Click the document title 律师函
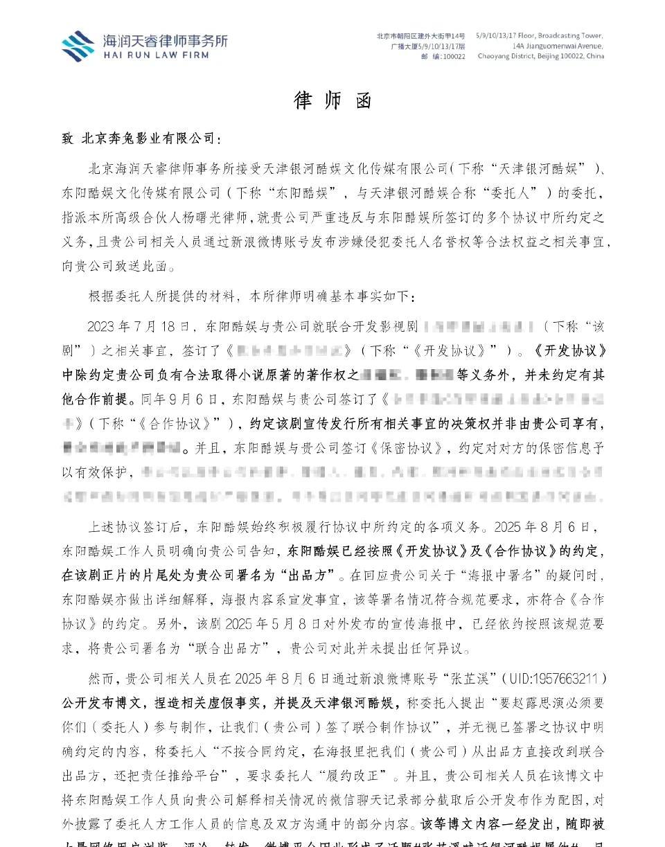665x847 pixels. click(x=333, y=100)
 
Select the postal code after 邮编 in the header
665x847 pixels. click(x=454, y=57)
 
